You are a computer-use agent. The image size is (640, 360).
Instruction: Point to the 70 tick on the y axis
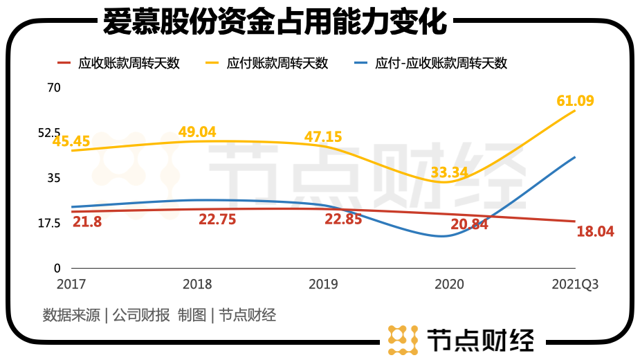54,88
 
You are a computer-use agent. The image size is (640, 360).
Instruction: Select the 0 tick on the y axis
57,268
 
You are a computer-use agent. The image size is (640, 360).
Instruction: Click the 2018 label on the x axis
197,285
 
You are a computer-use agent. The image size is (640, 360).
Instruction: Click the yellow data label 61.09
575,101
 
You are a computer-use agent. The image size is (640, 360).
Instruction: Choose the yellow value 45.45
71,141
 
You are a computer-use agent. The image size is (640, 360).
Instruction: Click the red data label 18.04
595,231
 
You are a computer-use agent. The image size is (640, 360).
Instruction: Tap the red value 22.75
217,219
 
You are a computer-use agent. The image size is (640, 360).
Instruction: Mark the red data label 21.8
87,222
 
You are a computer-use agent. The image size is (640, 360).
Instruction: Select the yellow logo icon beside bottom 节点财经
403,339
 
